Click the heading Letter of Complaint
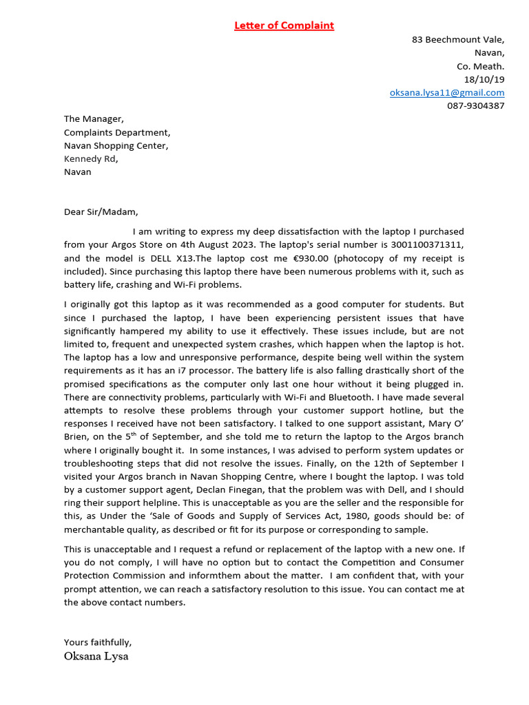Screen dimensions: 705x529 [x=284, y=25]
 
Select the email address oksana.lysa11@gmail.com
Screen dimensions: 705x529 [x=447, y=92]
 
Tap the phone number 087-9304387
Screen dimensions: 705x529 [x=475, y=106]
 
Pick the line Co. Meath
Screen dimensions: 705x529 [x=481, y=66]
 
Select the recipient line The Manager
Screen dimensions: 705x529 [x=94, y=119]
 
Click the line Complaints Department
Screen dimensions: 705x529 [x=117, y=132]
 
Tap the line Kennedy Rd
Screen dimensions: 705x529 [x=91, y=159]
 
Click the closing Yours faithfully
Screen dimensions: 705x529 [x=98, y=642]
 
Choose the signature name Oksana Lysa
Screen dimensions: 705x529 [x=96, y=656]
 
